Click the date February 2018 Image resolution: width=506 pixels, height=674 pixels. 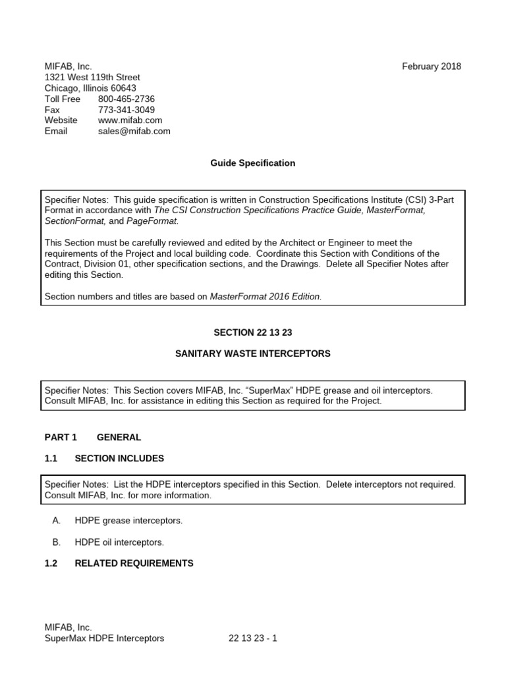432,66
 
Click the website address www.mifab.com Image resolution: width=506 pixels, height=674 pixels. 130,120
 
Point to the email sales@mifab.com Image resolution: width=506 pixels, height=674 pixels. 134,131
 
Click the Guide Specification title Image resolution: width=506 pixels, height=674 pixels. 253,163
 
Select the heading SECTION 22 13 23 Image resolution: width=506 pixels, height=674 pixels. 253,332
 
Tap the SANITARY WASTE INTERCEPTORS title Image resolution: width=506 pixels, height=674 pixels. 253,354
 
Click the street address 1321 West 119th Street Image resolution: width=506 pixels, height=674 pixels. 92,77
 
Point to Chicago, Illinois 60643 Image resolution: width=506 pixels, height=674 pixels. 90,88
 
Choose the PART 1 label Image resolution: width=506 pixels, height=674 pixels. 61,437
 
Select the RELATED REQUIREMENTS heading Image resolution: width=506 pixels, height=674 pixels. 134,563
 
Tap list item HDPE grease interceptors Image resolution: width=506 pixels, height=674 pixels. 128,521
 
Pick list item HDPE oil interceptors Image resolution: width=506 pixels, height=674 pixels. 119,542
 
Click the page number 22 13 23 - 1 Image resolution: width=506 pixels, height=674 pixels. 253,638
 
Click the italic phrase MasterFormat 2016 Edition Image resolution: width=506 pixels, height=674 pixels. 266,297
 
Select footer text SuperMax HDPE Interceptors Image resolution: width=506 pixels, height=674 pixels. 104,638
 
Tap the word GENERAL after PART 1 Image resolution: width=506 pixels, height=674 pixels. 119,437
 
